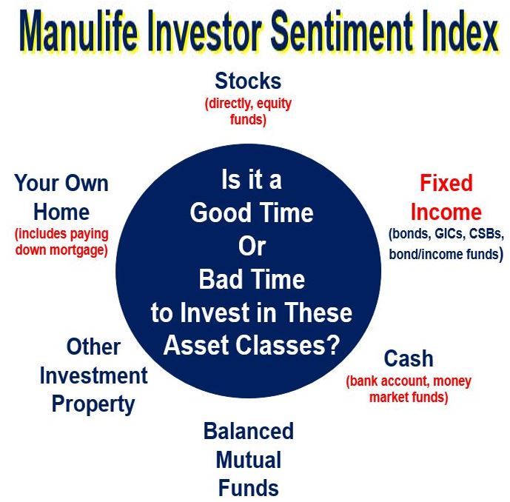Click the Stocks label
pyautogui.click(x=248, y=81)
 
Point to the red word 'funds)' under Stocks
pyautogui.click(x=248, y=119)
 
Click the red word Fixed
pyautogui.click(x=446, y=183)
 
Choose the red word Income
pyautogui.click(x=446, y=212)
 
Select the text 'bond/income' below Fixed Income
pyautogui.click(x=426, y=254)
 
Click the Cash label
pyautogui.click(x=409, y=358)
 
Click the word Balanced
pyautogui.click(x=249, y=431)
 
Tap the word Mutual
pyautogui.click(x=249, y=460)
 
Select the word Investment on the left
pyautogui.click(x=94, y=376)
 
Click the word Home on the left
pyautogui.click(x=61, y=212)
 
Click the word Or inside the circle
pyautogui.click(x=252, y=246)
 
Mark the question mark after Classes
pyautogui.click(x=333, y=345)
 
